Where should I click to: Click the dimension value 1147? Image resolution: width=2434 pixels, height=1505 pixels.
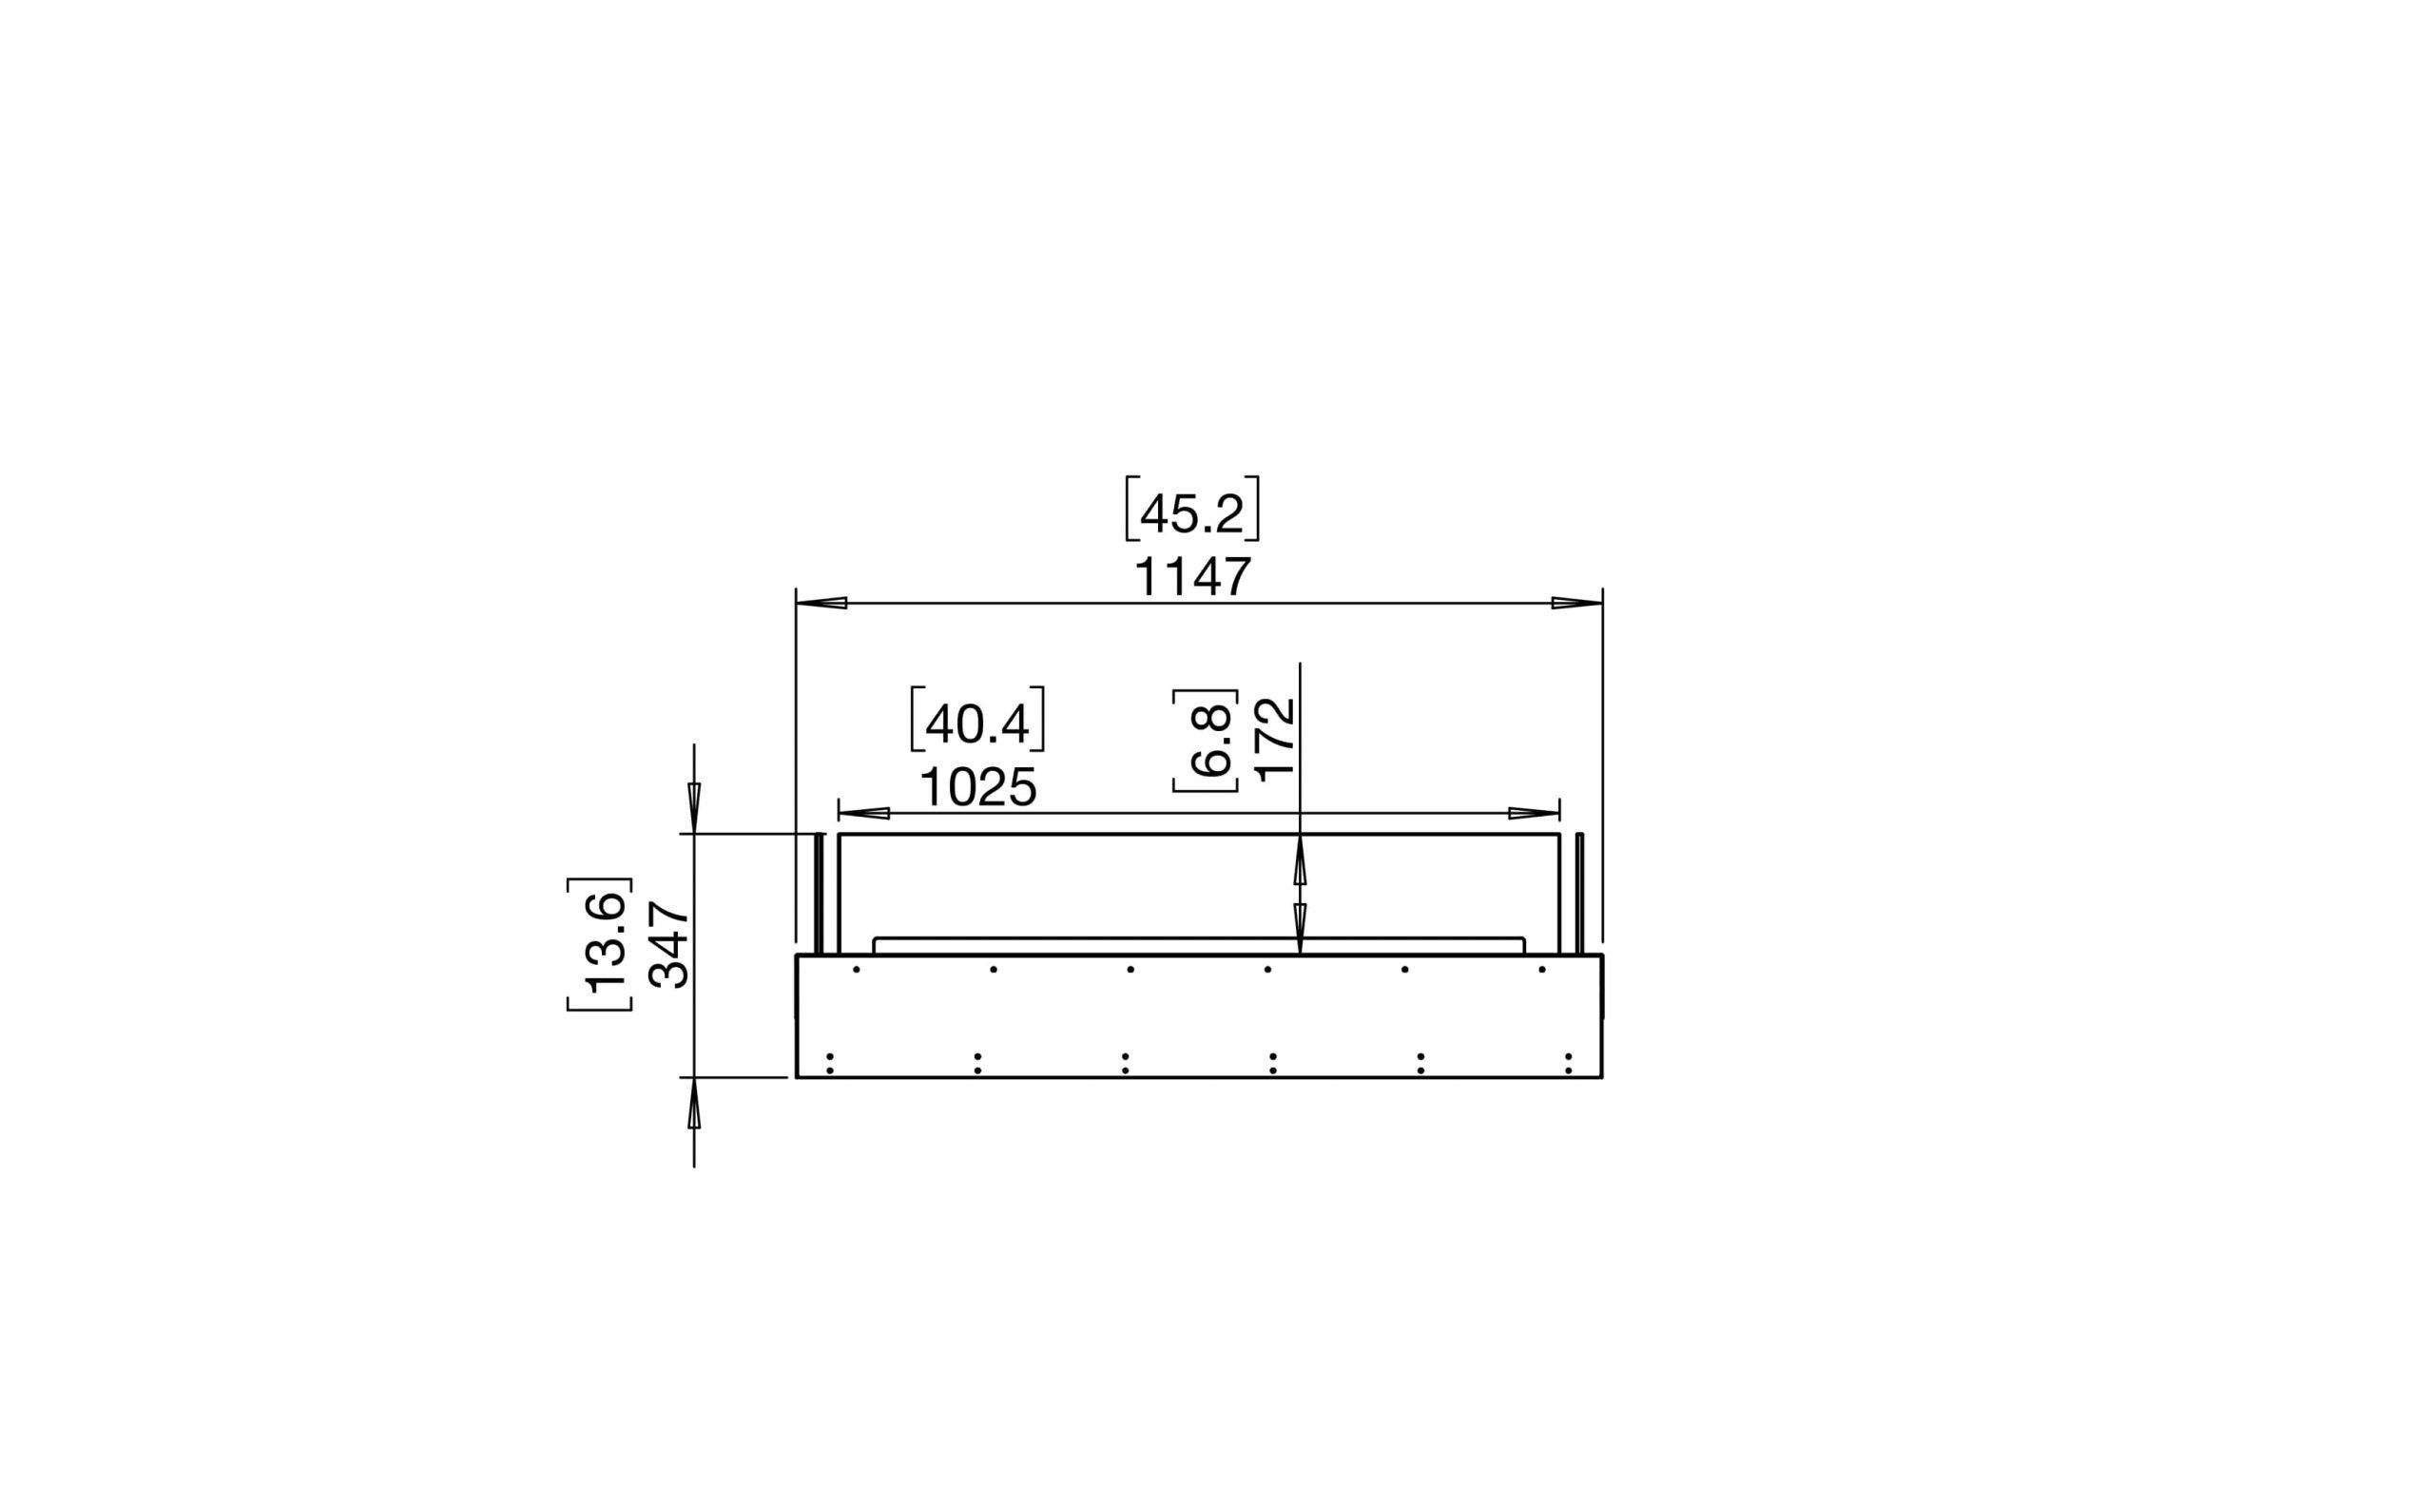pyautogui.click(x=1191, y=578)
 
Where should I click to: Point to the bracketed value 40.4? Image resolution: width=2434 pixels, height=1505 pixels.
pyautogui.click(x=977, y=724)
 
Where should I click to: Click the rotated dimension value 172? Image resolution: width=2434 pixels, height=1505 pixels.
pyautogui.click(x=1276, y=739)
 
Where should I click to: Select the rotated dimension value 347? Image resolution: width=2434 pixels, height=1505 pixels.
pyautogui.click(x=669, y=945)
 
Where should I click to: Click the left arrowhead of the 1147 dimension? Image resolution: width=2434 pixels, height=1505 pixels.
pyautogui.click(x=822, y=603)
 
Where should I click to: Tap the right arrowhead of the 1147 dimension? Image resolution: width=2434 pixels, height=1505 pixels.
pyautogui.click(x=1577, y=603)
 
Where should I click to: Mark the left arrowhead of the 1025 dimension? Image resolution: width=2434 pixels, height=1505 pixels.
pyautogui.click(x=864, y=813)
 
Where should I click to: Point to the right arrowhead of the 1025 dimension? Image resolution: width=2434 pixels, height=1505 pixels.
pyautogui.click(x=1533, y=813)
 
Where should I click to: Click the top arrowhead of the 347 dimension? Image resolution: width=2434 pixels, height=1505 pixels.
pyautogui.click(x=694, y=807)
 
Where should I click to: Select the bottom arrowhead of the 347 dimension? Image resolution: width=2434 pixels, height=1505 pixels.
pyautogui.click(x=694, y=1103)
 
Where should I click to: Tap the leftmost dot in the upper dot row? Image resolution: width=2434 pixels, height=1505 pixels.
pyautogui.click(x=856, y=969)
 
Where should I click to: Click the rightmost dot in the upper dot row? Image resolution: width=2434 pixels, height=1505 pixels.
pyautogui.click(x=1541, y=969)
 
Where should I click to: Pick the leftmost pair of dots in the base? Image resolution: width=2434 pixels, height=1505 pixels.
pyautogui.click(x=829, y=1063)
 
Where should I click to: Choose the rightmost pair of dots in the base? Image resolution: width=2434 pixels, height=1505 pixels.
pyautogui.click(x=1568, y=1063)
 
